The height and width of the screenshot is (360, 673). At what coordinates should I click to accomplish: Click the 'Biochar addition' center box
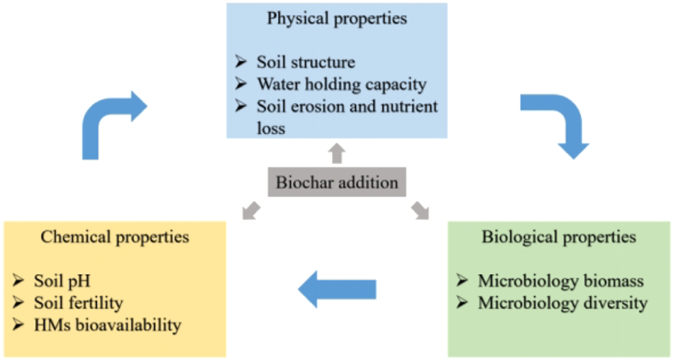click(x=337, y=183)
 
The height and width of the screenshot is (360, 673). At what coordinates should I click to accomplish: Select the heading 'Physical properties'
click(x=337, y=18)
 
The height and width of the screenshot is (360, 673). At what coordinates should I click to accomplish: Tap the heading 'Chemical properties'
click(x=115, y=237)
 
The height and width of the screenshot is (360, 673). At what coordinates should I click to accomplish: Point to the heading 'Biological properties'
click(x=559, y=237)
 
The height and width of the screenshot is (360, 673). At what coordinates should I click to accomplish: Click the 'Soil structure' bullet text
click(x=306, y=62)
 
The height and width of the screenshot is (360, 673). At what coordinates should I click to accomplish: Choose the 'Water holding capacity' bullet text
click(x=341, y=85)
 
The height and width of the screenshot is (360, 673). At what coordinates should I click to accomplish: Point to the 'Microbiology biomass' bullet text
click(x=561, y=281)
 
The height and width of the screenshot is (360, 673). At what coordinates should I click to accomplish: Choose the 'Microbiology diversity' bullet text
click(x=562, y=303)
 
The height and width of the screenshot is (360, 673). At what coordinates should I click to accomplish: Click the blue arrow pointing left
click(x=336, y=289)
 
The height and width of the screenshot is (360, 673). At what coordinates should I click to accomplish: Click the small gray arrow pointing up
click(x=337, y=152)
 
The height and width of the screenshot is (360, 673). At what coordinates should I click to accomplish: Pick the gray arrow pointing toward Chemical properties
click(x=250, y=210)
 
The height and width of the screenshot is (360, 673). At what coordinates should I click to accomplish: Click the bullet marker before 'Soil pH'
click(x=19, y=282)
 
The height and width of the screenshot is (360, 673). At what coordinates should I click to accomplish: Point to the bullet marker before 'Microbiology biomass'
click(x=462, y=281)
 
